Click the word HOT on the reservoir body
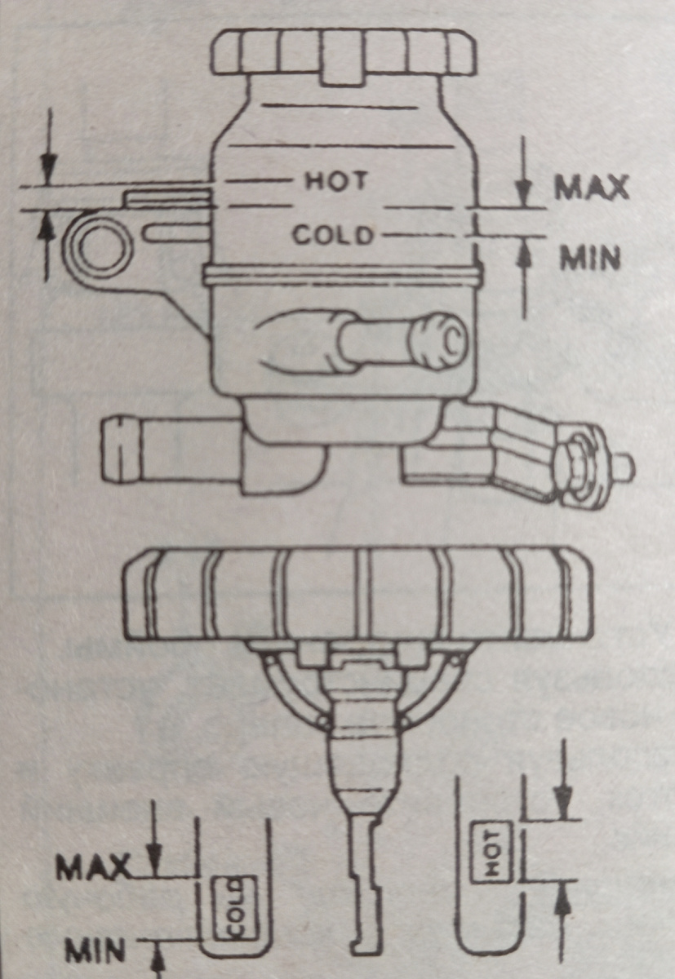coord(335,181)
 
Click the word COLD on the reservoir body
coord(333,234)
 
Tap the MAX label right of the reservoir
coord(591,188)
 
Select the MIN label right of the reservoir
coord(590,259)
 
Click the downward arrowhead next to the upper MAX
coord(524,193)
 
